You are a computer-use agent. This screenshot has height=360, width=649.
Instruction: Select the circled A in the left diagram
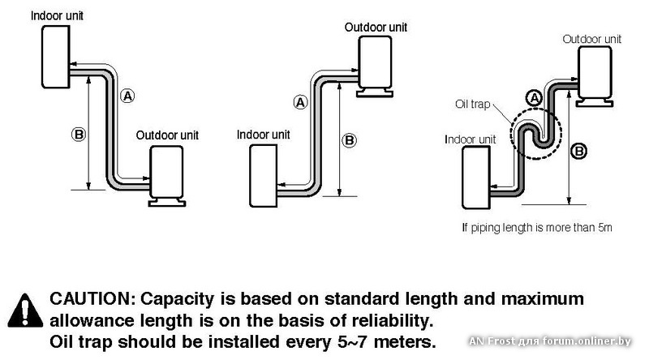click(x=127, y=96)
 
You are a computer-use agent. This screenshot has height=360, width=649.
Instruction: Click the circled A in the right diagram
click(x=533, y=97)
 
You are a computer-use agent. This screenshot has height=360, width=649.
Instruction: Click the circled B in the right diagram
click(x=579, y=148)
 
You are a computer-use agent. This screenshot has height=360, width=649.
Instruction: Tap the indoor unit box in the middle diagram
click(x=264, y=175)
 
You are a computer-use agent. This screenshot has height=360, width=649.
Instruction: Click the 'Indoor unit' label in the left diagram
click(x=57, y=15)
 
